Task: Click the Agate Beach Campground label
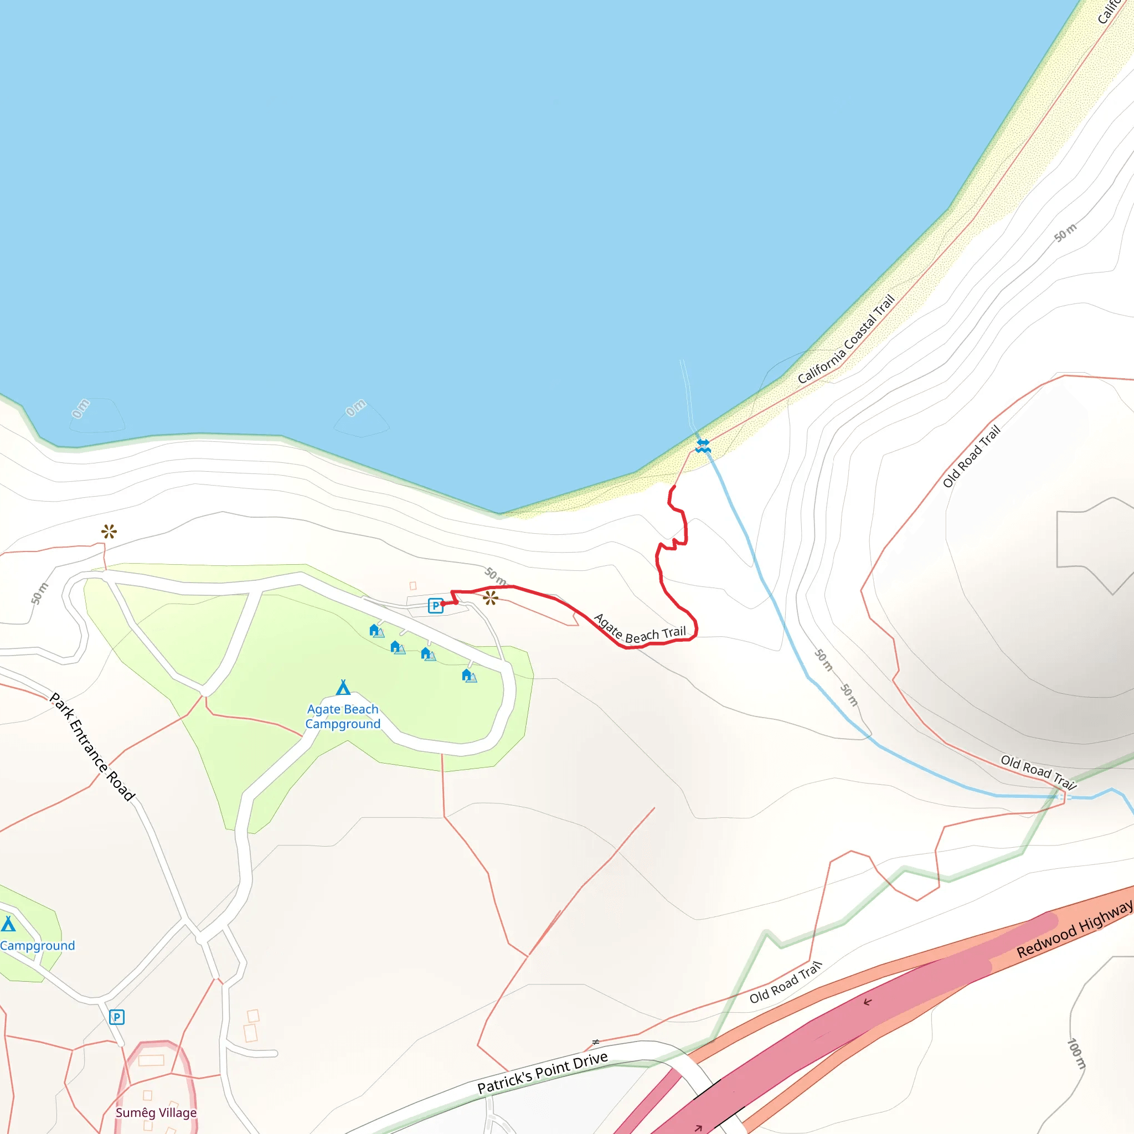[x=343, y=717]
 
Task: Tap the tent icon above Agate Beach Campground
[x=343, y=687]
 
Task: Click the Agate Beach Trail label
[x=640, y=628]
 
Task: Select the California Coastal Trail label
[x=846, y=339]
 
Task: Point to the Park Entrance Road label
[x=92, y=746]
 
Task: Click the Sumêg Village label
[x=156, y=1113]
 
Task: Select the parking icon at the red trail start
[x=435, y=606]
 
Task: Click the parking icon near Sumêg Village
[x=117, y=1017]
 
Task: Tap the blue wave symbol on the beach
[x=703, y=446]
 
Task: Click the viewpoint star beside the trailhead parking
[x=490, y=598]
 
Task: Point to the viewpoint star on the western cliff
[x=109, y=532]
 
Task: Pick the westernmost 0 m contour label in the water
[x=81, y=409]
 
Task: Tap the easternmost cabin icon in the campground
[x=469, y=676]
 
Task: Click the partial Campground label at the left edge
[x=38, y=946]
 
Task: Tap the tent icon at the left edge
[x=8, y=925]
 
